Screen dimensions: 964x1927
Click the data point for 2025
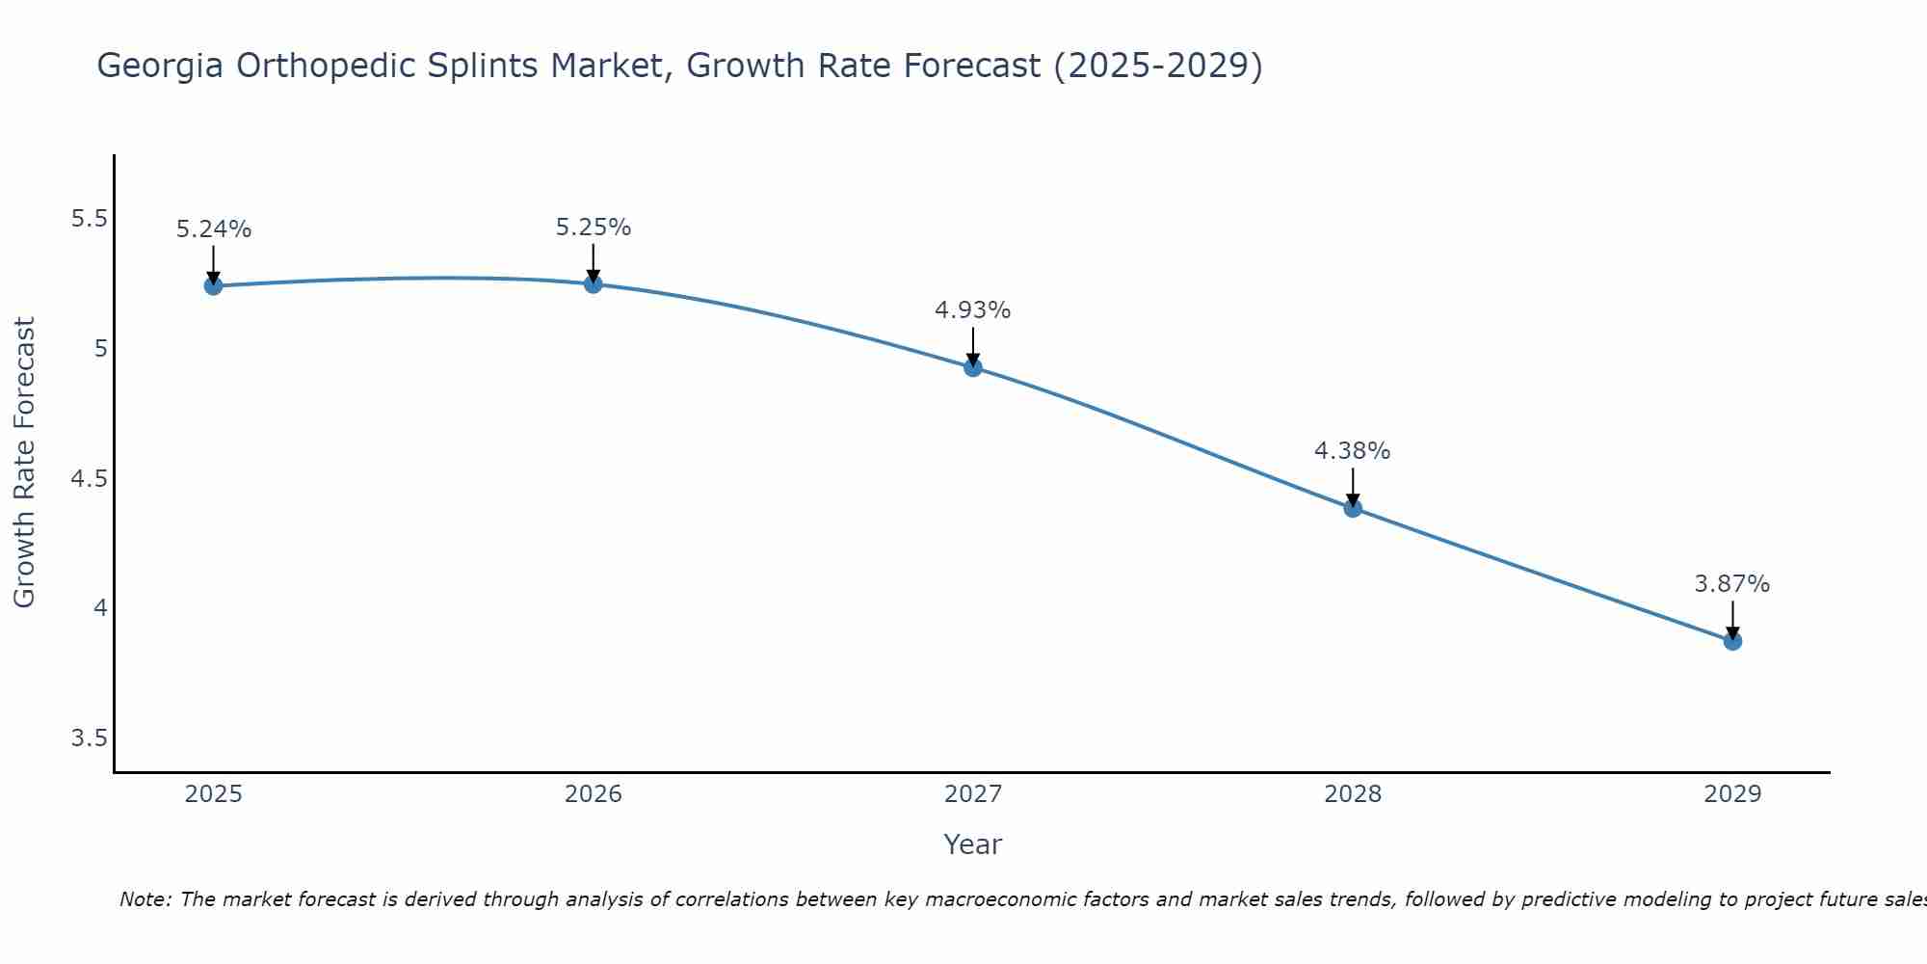213,285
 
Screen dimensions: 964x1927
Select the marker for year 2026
594,283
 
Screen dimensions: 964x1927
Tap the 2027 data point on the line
973,367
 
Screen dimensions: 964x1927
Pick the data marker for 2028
1353,508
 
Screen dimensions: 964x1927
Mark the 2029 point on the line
1732,641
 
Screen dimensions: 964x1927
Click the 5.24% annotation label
214,229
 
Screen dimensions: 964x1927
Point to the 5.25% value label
594,228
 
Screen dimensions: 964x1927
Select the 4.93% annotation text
973,310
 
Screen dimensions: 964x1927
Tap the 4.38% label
1353,451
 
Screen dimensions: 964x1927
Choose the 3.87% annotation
1732,584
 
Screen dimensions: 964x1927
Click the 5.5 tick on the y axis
89,219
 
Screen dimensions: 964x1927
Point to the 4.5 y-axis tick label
89,479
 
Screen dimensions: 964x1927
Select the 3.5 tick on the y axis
89,738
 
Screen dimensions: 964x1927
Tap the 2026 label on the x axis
594,794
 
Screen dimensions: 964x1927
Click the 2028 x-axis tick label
1353,794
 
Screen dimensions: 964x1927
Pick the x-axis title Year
973,844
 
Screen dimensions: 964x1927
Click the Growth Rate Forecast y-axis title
25,463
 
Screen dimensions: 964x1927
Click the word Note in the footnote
145,899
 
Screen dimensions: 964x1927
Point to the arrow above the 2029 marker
1732,619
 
